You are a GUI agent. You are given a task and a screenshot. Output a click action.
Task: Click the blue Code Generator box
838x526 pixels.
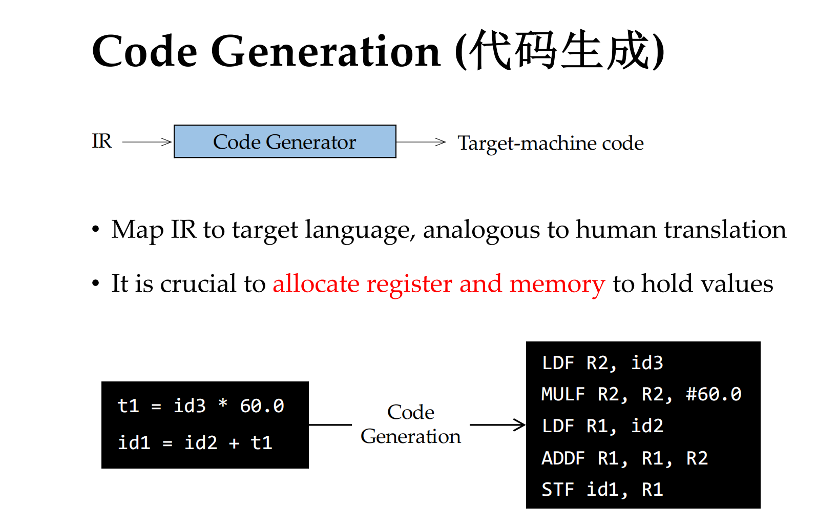click(285, 141)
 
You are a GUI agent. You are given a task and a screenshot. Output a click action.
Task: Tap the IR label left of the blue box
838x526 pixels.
click(102, 141)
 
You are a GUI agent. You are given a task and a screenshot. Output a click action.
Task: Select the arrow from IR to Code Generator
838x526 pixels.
click(146, 142)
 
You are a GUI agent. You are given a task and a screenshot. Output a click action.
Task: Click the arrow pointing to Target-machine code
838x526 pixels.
click(421, 142)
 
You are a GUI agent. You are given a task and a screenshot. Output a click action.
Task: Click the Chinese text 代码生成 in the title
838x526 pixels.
click(559, 51)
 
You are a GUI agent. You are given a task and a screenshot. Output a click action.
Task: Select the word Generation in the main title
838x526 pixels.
click(325, 51)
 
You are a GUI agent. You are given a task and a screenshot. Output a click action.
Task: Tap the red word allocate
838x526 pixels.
click(316, 284)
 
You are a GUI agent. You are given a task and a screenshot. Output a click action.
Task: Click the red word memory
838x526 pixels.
click(557, 285)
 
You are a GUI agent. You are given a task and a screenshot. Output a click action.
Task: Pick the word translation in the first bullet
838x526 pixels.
click(725, 230)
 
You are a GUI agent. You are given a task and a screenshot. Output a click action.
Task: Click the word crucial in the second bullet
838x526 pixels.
click(198, 284)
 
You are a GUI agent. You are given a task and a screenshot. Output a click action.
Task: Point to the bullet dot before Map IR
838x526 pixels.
click(96, 229)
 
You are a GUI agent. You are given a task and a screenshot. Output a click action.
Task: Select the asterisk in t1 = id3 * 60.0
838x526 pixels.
click(223, 403)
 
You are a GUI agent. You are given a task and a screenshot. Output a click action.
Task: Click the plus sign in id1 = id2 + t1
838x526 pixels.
click(234, 443)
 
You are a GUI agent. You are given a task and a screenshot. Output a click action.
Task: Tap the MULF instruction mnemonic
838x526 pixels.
click(563, 394)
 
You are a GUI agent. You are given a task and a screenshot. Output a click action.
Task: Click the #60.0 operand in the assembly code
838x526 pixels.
click(714, 394)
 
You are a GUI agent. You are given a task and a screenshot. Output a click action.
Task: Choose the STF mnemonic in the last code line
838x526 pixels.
click(557, 489)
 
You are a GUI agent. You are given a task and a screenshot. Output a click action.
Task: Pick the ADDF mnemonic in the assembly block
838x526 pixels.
click(563, 458)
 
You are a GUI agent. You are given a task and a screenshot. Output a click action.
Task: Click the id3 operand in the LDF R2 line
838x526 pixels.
click(647, 363)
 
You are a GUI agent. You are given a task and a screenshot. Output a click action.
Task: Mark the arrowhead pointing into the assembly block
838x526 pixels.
click(520, 425)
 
